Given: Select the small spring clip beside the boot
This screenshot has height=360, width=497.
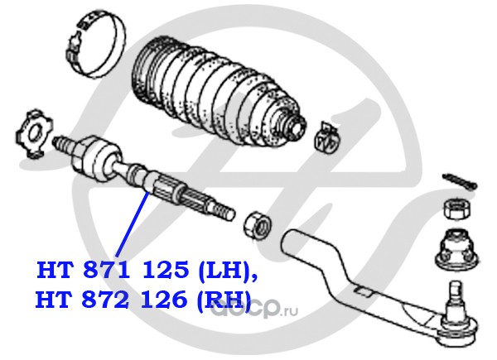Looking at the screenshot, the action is (326, 137).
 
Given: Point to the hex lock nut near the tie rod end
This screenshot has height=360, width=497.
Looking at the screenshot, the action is (256, 223).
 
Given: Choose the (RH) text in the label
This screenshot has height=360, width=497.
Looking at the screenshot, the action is (226, 301).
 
